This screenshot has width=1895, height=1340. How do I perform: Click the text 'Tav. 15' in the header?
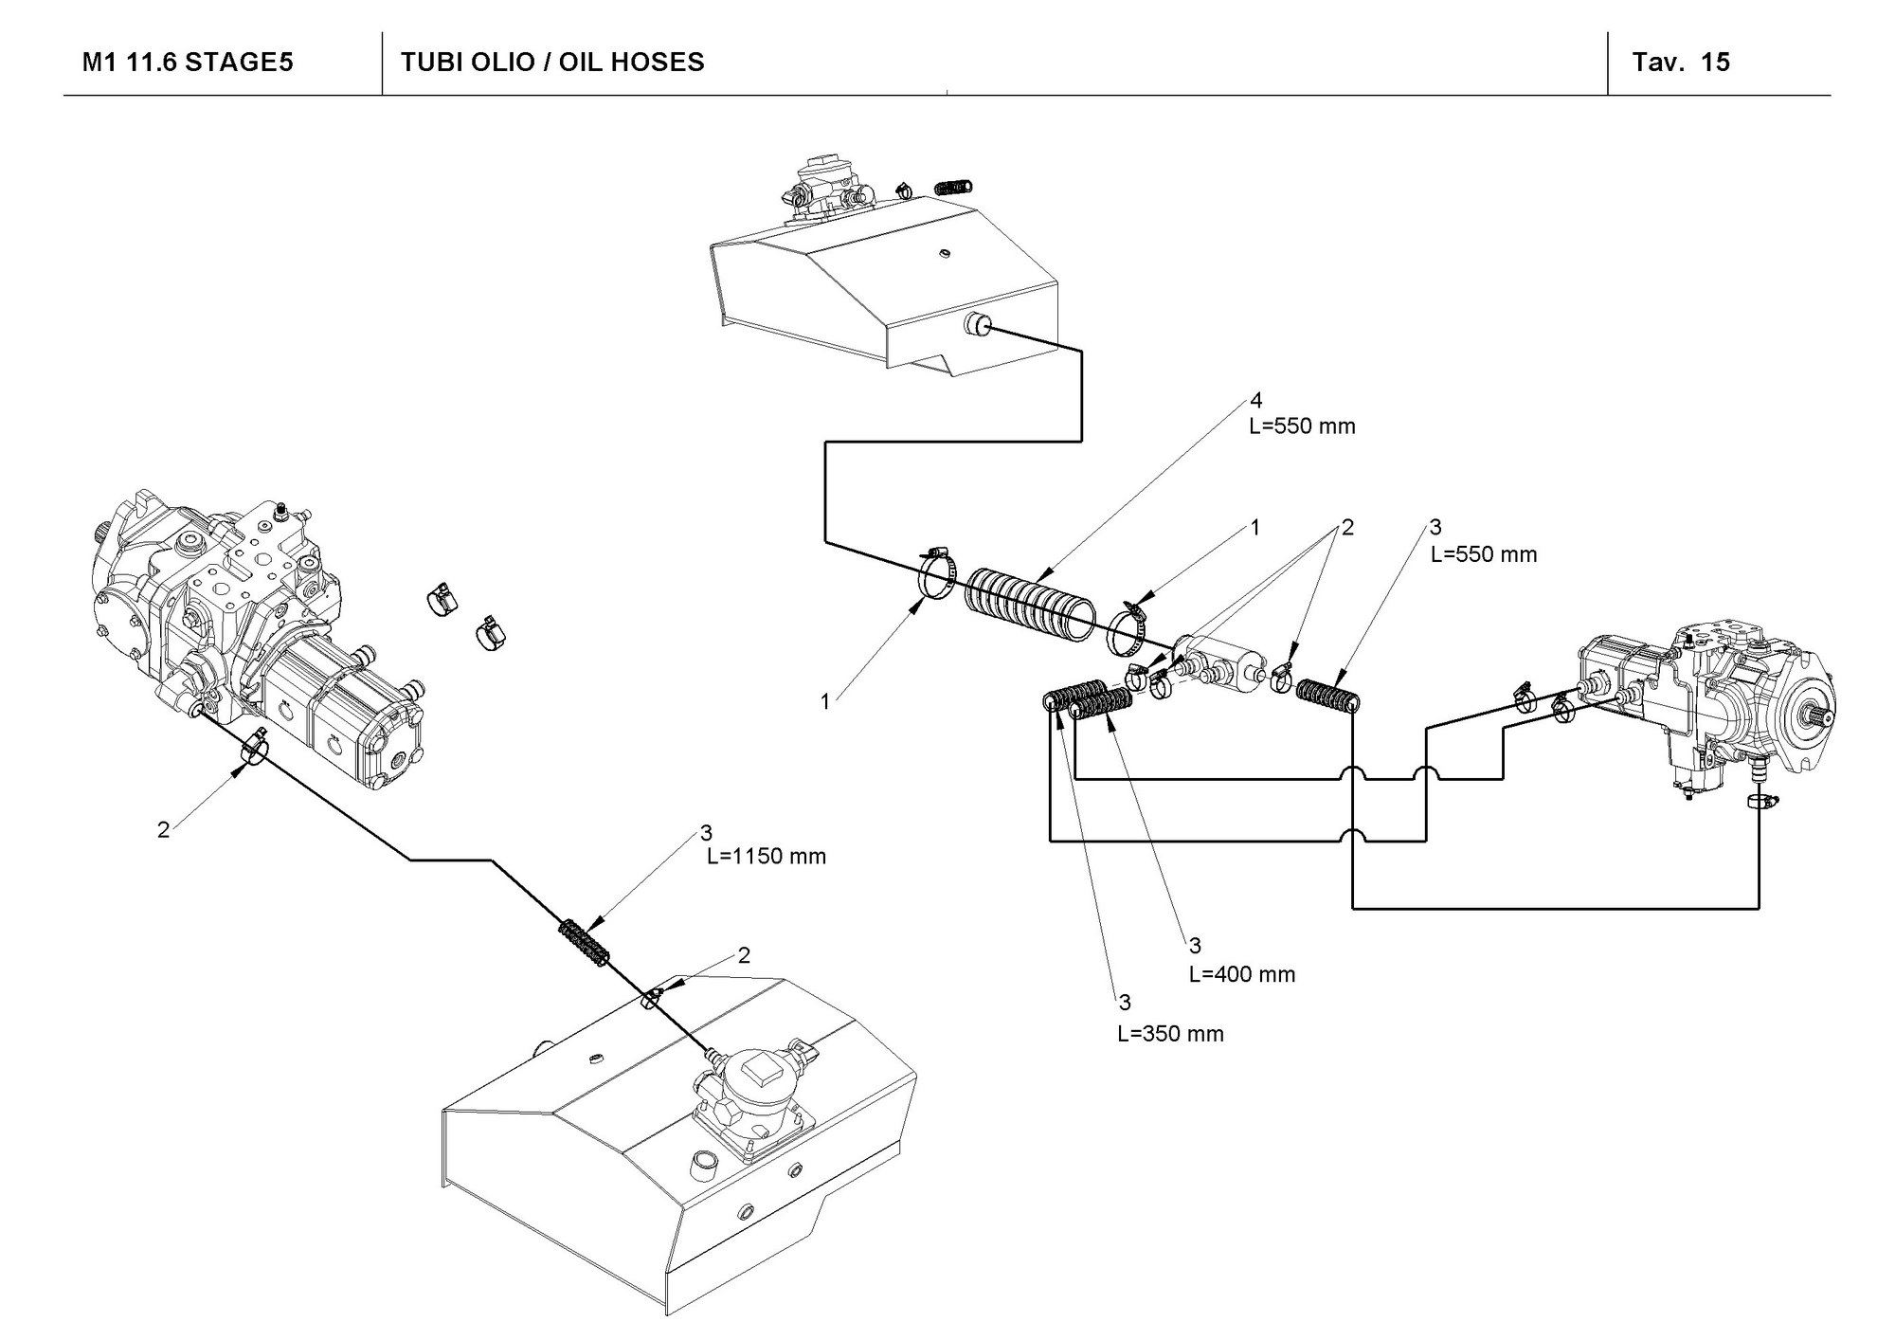pyautogui.click(x=1680, y=63)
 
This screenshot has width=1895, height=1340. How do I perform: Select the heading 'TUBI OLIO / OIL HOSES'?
pyautogui.click(x=552, y=63)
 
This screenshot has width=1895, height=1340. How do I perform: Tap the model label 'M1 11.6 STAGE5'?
pyautogui.click(x=188, y=63)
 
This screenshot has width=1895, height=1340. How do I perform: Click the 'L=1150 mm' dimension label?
pyautogui.click(x=767, y=857)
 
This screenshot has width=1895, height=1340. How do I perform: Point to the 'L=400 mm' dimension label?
pyautogui.click(x=1241, y=974)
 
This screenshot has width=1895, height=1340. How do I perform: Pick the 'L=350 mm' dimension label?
pyautogui.click(x=1170, y=1034)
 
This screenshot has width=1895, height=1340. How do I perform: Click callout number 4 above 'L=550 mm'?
pyautogui.click(x=1255, y=401)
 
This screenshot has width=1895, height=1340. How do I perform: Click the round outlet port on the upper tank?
pyautogui.click(x=976, y=327)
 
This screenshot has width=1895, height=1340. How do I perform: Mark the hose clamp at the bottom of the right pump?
pyautogui.click(x=1759, y=802)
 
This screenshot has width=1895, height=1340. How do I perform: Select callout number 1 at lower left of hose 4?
pyautogui.click(x=825, y=701)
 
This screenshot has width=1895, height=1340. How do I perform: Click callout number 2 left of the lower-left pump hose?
pyautogui.click(x=163, y=829)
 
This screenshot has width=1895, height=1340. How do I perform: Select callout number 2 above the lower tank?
pyautogui.click(x=744, y=955)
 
